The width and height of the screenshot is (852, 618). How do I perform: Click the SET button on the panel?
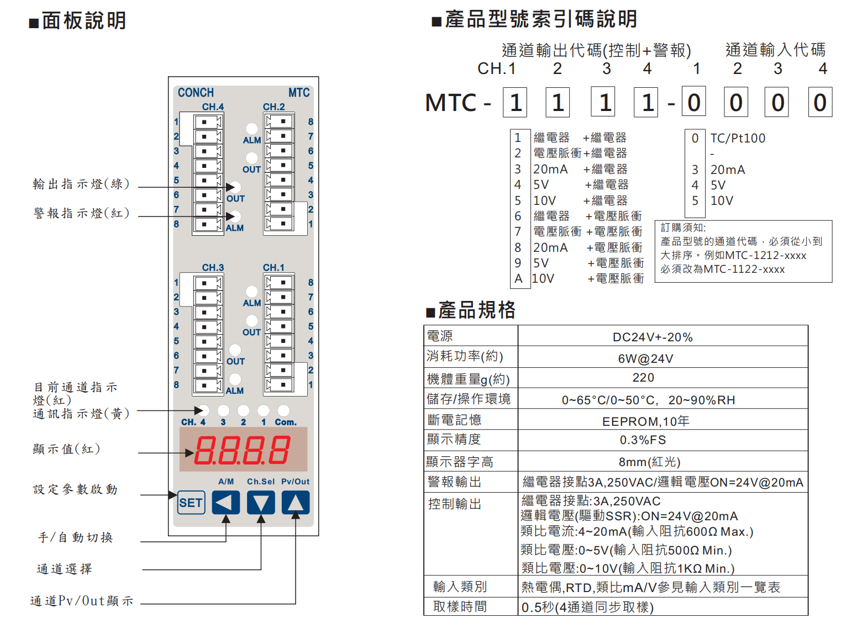[191, 503]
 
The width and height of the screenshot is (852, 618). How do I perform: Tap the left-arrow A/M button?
[225, 503]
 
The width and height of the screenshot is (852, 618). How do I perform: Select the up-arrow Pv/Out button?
[296, 503]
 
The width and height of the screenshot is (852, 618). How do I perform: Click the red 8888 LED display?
[243, 450]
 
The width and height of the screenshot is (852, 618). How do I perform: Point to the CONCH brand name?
[196, 93]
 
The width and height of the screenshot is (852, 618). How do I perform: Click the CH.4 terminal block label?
[213, 107]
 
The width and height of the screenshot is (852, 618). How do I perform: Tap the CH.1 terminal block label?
[274, 268]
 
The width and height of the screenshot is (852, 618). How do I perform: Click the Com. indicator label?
[286, 422]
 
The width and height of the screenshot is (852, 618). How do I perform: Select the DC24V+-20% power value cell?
[652, 337]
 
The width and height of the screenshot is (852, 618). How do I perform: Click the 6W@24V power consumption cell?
[645, 358]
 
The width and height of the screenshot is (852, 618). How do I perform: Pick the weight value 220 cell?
[643, 378]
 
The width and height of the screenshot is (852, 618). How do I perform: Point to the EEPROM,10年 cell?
[645, 421]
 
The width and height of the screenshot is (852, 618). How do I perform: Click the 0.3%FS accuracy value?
[643, 440]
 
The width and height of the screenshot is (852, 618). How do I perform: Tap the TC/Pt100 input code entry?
[738, 138]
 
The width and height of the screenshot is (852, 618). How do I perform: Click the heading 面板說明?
[84, 21]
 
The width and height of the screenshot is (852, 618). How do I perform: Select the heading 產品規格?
[476, 310]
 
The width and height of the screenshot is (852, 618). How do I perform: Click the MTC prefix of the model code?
[451, 103]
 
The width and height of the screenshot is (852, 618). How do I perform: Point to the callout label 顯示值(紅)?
[67, 449]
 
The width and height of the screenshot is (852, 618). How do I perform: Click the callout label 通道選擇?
[65, 569]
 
